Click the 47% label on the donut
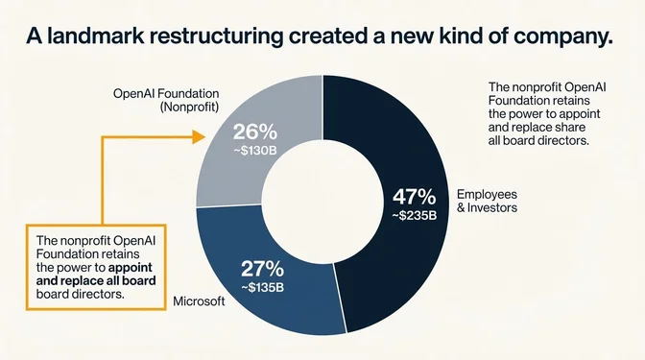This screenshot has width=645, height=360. (x=414, y=197)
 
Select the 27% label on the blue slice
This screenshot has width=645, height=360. (x=263, y=268)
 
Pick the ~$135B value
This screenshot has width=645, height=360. (x=264, y=286)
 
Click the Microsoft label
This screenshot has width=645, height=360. (x=199, y=301)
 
